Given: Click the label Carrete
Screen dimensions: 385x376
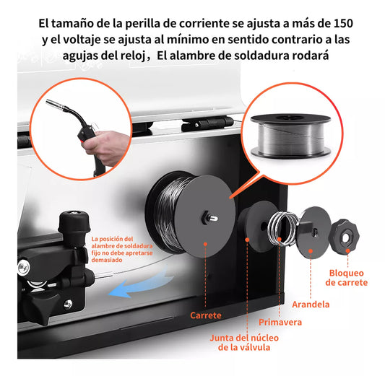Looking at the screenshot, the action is pos(206,315).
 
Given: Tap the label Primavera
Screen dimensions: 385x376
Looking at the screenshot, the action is pos(280,322).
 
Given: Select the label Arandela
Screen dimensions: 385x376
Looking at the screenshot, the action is pos(311,305).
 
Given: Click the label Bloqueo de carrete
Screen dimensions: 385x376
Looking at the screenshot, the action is pos(347,278).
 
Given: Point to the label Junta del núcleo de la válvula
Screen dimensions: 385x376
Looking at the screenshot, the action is pos(244,343).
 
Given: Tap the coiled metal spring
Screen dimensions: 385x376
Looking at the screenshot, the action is pos(282,228).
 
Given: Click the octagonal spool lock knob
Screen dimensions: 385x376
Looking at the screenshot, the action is pos(344,236).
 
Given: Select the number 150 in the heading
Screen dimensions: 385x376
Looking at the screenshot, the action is pos(343,24).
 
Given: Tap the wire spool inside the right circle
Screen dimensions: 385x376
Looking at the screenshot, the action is pos(290,136).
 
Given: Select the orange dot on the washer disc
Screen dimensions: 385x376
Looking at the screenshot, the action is pos(311,251).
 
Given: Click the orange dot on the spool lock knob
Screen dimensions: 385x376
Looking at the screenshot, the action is pos(347,250).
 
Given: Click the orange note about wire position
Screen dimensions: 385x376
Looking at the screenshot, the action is pos(122,250).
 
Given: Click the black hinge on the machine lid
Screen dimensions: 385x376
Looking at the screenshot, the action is pos(207,124).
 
